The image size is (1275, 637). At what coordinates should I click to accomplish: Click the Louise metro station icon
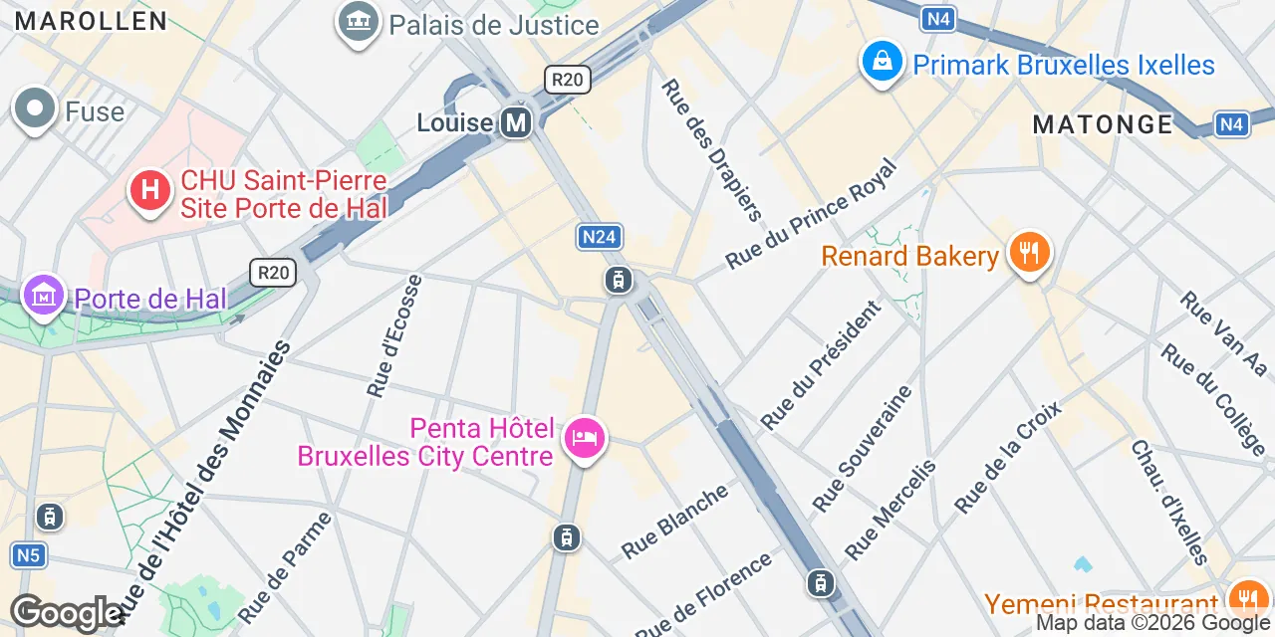516,122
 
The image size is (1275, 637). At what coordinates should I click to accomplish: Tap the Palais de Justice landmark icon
359,23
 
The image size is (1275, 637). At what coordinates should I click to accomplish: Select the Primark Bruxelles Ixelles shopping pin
882,63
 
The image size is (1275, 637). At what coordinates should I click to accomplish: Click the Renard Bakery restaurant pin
1029,254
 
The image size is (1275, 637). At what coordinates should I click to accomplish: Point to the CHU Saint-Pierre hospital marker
150,189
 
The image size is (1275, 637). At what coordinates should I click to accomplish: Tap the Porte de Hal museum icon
44,295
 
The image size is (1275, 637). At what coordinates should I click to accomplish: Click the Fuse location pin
35,109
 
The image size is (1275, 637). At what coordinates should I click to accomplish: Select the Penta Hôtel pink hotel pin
584,438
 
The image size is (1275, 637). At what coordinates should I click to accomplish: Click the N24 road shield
600,237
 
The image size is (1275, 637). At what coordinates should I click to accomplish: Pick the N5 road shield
28,554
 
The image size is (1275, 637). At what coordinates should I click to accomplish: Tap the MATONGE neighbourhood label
1103,124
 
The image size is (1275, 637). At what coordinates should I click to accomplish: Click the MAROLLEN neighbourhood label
91,21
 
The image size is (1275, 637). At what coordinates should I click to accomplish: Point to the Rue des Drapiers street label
711,149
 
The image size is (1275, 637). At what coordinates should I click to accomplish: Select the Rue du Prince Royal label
812,213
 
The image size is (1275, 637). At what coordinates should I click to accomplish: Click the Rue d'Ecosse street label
394,336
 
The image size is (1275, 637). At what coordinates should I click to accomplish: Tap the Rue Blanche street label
675,522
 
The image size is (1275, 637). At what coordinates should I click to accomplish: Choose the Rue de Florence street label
703,594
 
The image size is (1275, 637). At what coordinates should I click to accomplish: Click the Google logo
66,613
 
